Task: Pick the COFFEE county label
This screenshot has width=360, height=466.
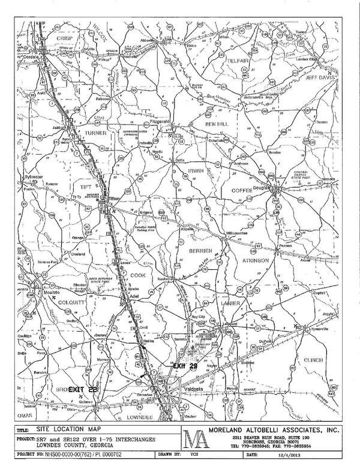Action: [x=244, y=190]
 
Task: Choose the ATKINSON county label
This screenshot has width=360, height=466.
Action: [x=259, y=260]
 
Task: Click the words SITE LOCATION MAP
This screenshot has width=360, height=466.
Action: [x=66, y=431]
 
